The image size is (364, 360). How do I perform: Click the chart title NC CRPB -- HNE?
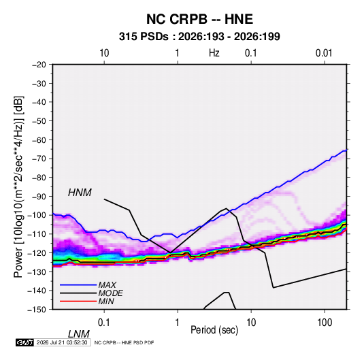pos(199,19)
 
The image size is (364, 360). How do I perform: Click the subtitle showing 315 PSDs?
pos(199,37)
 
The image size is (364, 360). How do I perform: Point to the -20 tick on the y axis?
pos(39,65)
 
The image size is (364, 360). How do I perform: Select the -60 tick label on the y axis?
pos(39,140)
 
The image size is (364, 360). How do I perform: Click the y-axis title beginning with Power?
pos(18,187)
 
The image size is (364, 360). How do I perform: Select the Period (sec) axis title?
pos(214,330)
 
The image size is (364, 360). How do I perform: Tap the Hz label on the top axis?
pos(214,53)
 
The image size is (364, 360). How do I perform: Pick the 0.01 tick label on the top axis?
pos(324,53)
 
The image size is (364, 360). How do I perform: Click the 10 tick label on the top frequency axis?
pos(104,53)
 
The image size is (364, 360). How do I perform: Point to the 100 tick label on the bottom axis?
pos(325,323)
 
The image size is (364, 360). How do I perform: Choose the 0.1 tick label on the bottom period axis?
pos(104,323)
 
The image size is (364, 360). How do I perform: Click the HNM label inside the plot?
pos(80,193)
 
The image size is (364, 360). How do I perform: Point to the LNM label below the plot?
pos(78,334)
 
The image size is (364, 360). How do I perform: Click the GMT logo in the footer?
pos(24,342)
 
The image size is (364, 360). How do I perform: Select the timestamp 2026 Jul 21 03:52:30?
pos(62,342)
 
